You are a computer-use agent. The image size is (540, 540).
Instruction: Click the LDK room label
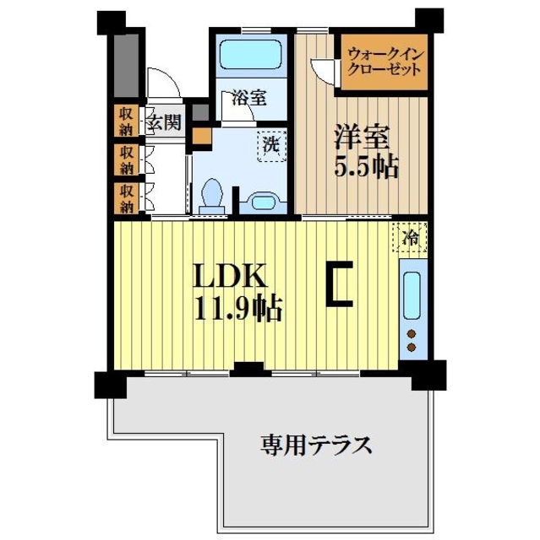tap(232, 278)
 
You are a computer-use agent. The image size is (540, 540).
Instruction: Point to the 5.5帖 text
tap(365, 167)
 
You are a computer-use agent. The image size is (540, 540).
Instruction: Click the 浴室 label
tap(248, 97)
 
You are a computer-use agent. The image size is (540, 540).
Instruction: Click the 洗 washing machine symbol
tap(271, 144)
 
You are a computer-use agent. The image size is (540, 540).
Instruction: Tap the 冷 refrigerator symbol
tap(410, 237)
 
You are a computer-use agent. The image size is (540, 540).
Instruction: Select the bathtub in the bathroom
tap(251, 58)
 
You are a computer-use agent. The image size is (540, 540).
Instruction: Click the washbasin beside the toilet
tap(261, 202)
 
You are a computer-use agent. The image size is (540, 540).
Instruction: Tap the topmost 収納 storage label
tap(126, 121)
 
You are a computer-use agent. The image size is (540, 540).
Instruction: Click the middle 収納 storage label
tap(126, 159)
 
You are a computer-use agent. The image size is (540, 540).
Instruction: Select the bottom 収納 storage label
tap(126, 197)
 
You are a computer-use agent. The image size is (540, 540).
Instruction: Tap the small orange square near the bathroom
tap(200, 134)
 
